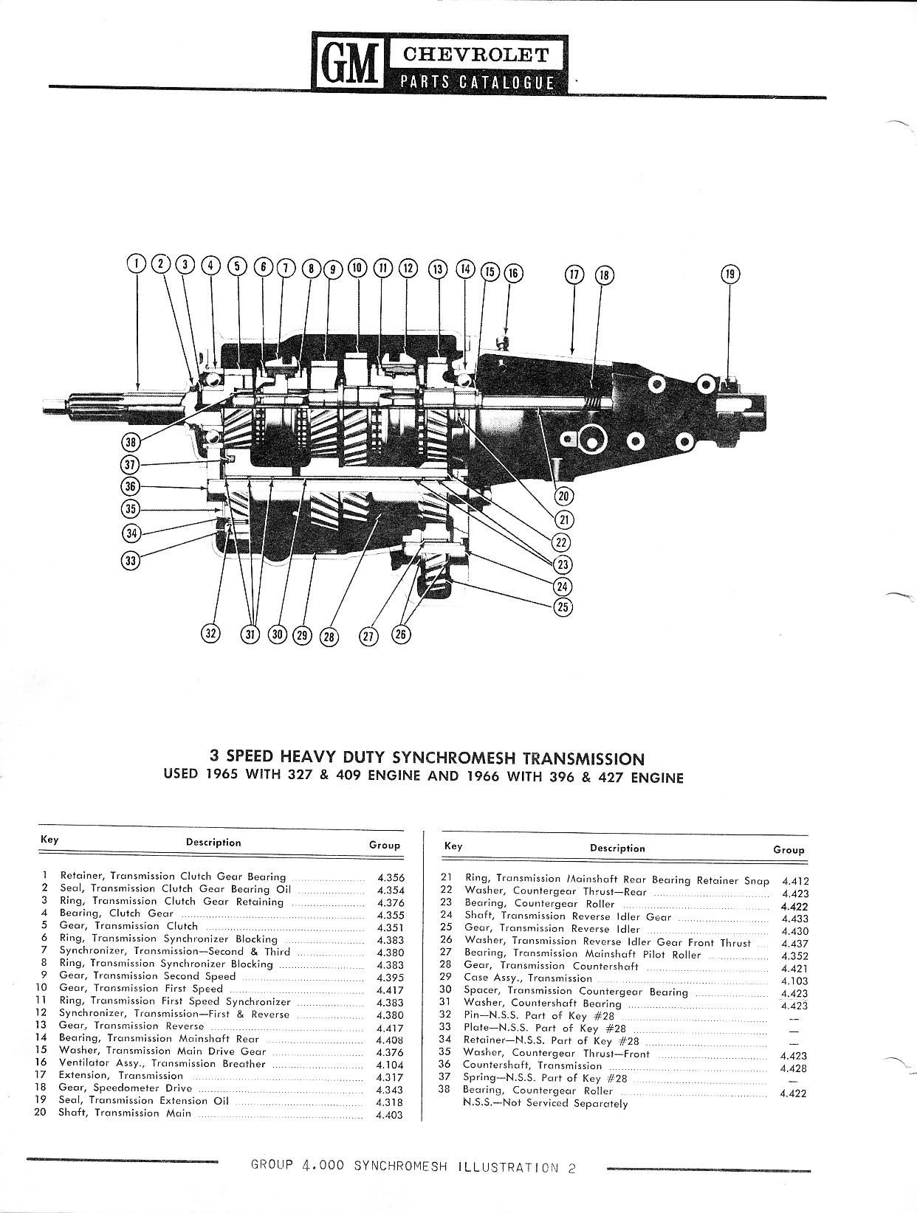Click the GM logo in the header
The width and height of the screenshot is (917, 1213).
coord(345,61)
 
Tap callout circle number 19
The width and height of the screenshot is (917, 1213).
coord(729,274)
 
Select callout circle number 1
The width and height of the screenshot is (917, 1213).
coord(137,263)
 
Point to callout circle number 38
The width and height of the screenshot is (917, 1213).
coord(131,443)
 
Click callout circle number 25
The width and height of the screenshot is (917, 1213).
coord(563,606)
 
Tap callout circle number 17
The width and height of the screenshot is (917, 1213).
coord(574,274)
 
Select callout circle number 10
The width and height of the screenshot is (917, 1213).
coord(357,266)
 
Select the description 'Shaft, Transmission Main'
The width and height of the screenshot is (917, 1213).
coord(125,1113)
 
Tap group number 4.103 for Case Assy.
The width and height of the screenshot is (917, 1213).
coord(794,981)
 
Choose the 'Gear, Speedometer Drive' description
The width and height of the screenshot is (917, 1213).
coord(126,1088)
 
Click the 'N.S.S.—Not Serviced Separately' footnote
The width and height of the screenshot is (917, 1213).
coord(545,1104)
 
